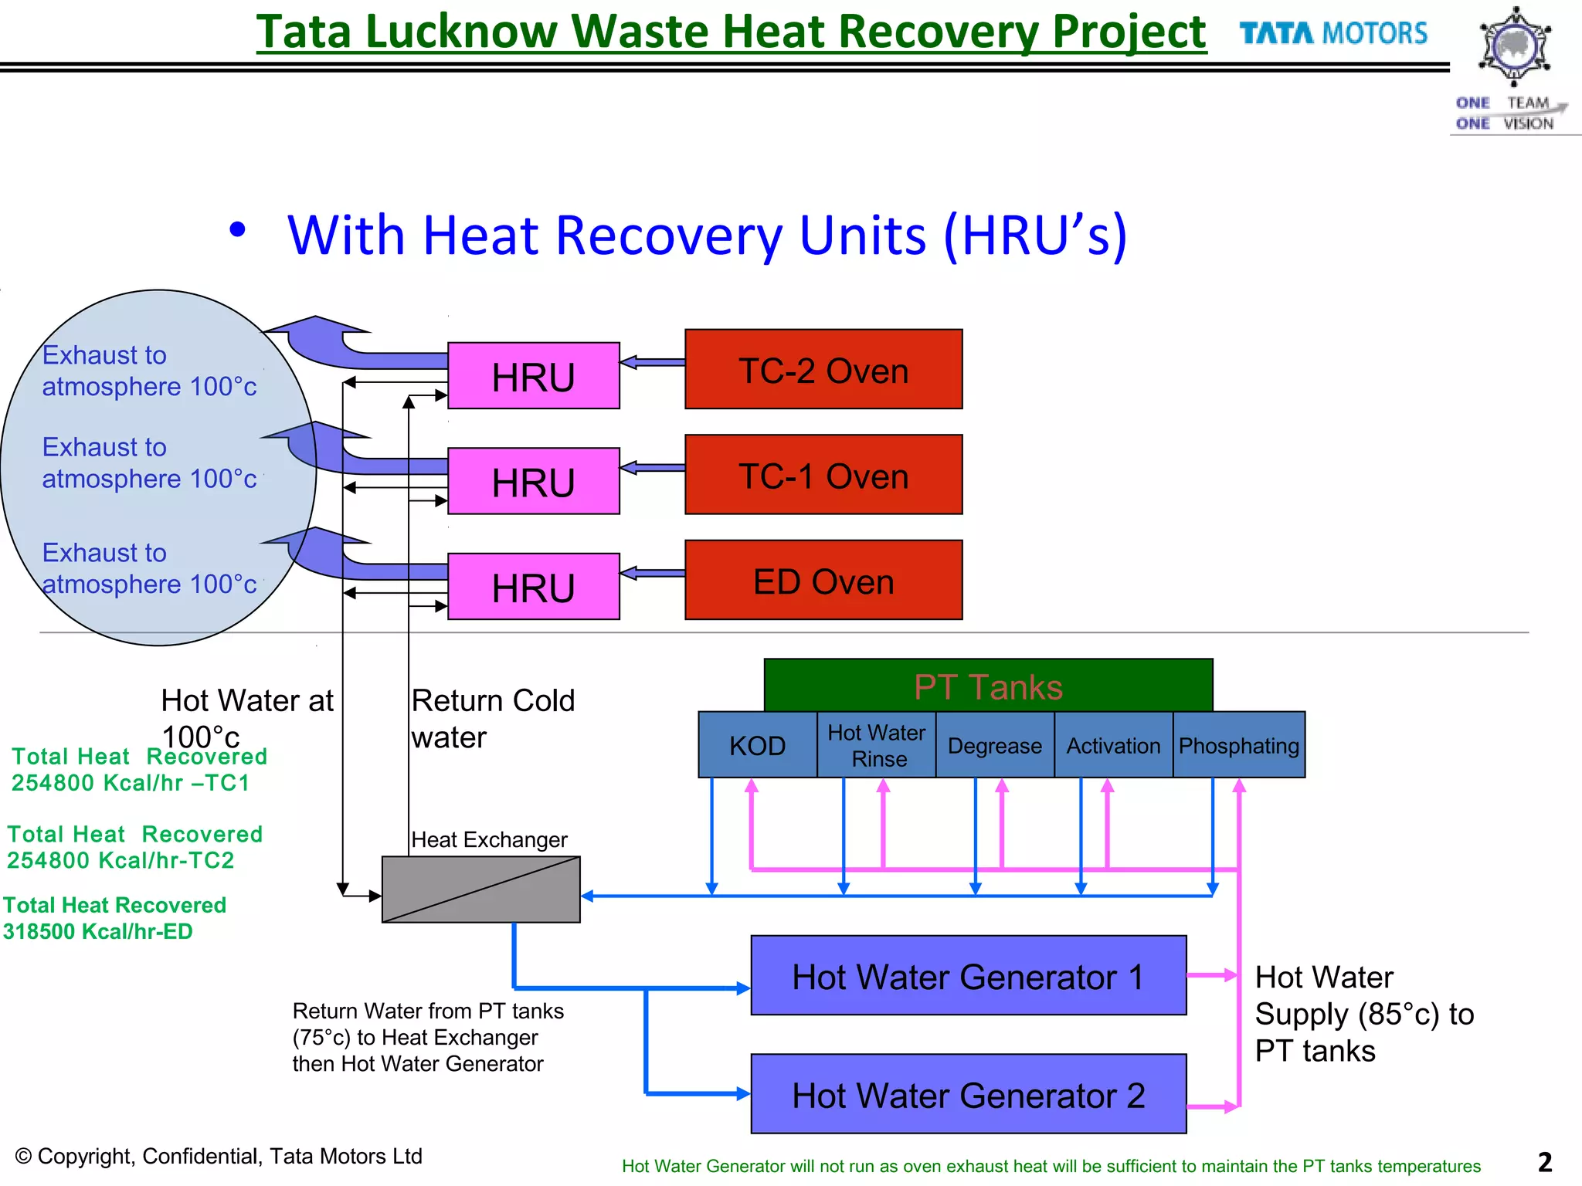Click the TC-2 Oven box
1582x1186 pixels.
(823, 370)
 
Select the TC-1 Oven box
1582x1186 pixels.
(823, 475)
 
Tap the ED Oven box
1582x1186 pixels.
(823, 581)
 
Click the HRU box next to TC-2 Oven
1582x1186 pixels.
(533, 376)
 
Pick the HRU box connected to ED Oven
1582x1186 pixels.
(533, 587)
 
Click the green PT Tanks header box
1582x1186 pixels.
(988, 686)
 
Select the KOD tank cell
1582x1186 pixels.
(757, 745)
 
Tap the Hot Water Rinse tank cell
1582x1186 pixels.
(877, 745)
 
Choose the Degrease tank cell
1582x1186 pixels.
(995, 745)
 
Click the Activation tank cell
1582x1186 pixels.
(1113, 745)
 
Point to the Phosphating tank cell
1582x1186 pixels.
(1239, 745)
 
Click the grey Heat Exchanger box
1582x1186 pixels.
(480, 889)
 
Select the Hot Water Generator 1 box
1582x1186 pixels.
(968, 976)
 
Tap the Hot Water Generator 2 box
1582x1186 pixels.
(968, 1094)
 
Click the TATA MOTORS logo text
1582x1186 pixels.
(1333, 34)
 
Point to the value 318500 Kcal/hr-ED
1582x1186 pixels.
(98, 931)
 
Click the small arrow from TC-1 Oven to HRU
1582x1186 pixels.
(653, 468)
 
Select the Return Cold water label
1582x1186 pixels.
(492, 718)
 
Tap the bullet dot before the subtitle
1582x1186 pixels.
(238, 229)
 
